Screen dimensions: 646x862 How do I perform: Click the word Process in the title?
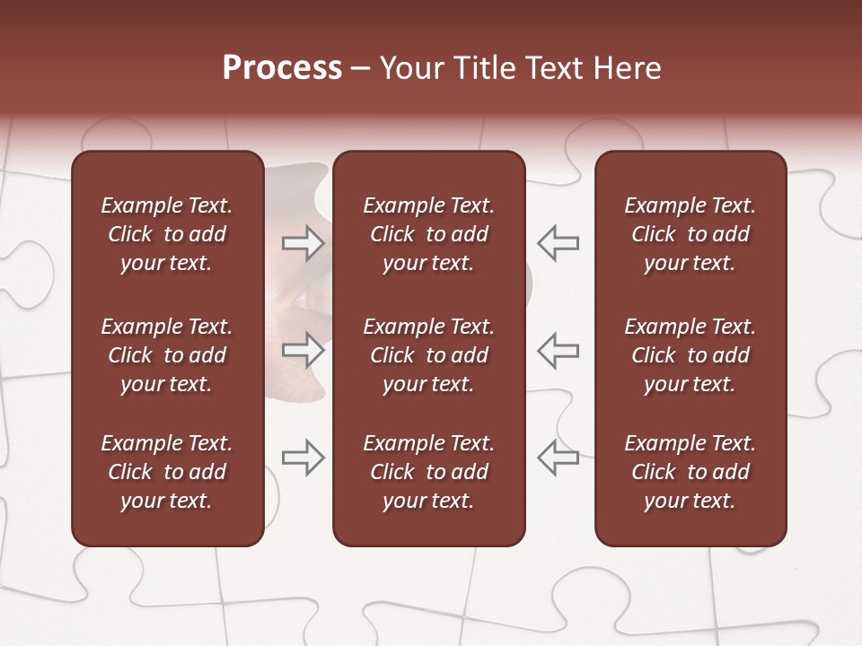pyautogui.click(x=282, y=68)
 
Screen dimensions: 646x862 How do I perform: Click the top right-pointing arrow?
pyautogui.click(x=303, y=243)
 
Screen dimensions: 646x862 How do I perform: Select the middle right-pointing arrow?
pyautogui.click(x=303, y=349)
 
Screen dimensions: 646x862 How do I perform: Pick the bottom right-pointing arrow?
pyautogui.click(x=303, y=457)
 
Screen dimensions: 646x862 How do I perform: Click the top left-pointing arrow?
pyautogui.click(x=559, y=243)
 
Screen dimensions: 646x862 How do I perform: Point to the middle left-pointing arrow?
pyautogui.click(x=559, y=349)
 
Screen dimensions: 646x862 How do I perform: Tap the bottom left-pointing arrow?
pyautogui.click(x=559, y=457)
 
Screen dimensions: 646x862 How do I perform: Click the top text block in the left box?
pyautogui.click(x=167, y=234)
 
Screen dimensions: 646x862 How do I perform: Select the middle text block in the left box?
pyautogui.click(x=167, y=355)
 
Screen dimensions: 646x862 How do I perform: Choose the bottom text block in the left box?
pyautogui.click(x=167, y=472)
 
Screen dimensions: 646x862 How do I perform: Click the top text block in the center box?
pyautogui.click(x=428, y=234)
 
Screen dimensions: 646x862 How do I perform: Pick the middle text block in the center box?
pyautogui.click(x=428, y=355)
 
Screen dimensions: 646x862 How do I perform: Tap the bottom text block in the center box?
pyautogui.click(x=428, y=472)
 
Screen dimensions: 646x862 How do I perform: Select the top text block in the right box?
pyautogui.click(x=690, y=234)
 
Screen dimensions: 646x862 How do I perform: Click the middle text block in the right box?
pyautogui.click(x=690, y=355)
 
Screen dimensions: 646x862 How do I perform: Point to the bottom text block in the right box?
pyautogui.click(x=690, y=472)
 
